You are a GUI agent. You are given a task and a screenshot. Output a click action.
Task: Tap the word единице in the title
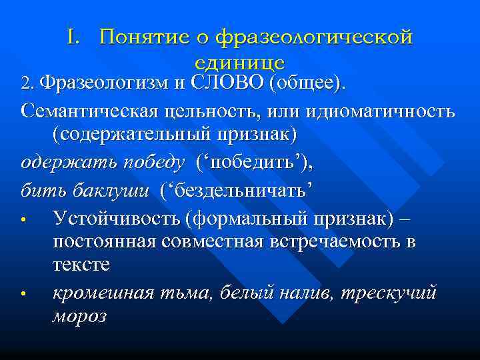240,63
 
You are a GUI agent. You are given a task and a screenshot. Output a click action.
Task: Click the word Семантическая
89,110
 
